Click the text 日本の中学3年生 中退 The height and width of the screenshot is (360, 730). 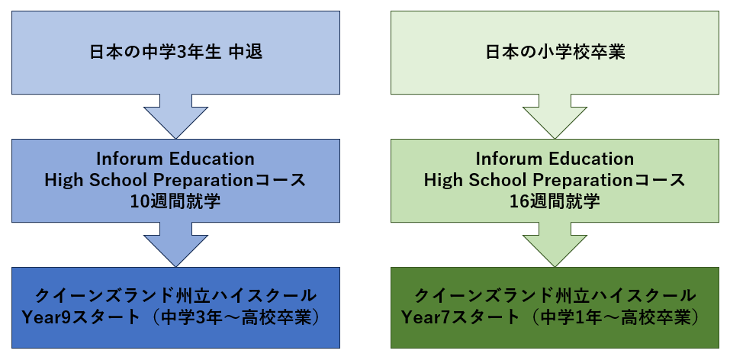176,53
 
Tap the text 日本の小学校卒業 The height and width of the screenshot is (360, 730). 555,53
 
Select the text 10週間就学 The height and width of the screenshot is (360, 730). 175,201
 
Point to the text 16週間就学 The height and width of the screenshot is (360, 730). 555,201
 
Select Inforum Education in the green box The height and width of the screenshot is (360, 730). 555,159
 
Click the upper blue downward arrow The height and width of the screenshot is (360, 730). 175,117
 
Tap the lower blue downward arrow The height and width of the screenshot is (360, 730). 175,245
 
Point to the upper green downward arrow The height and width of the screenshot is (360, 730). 555,117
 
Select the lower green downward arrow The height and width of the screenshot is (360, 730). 555,245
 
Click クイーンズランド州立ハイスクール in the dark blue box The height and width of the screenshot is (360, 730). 176,296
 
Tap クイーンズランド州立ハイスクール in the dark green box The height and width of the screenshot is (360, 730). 555,296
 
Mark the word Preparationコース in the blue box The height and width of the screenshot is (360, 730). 230,181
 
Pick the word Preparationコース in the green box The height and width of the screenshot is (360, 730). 609,181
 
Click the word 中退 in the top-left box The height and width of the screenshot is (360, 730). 246,53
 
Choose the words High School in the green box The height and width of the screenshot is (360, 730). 476,180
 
